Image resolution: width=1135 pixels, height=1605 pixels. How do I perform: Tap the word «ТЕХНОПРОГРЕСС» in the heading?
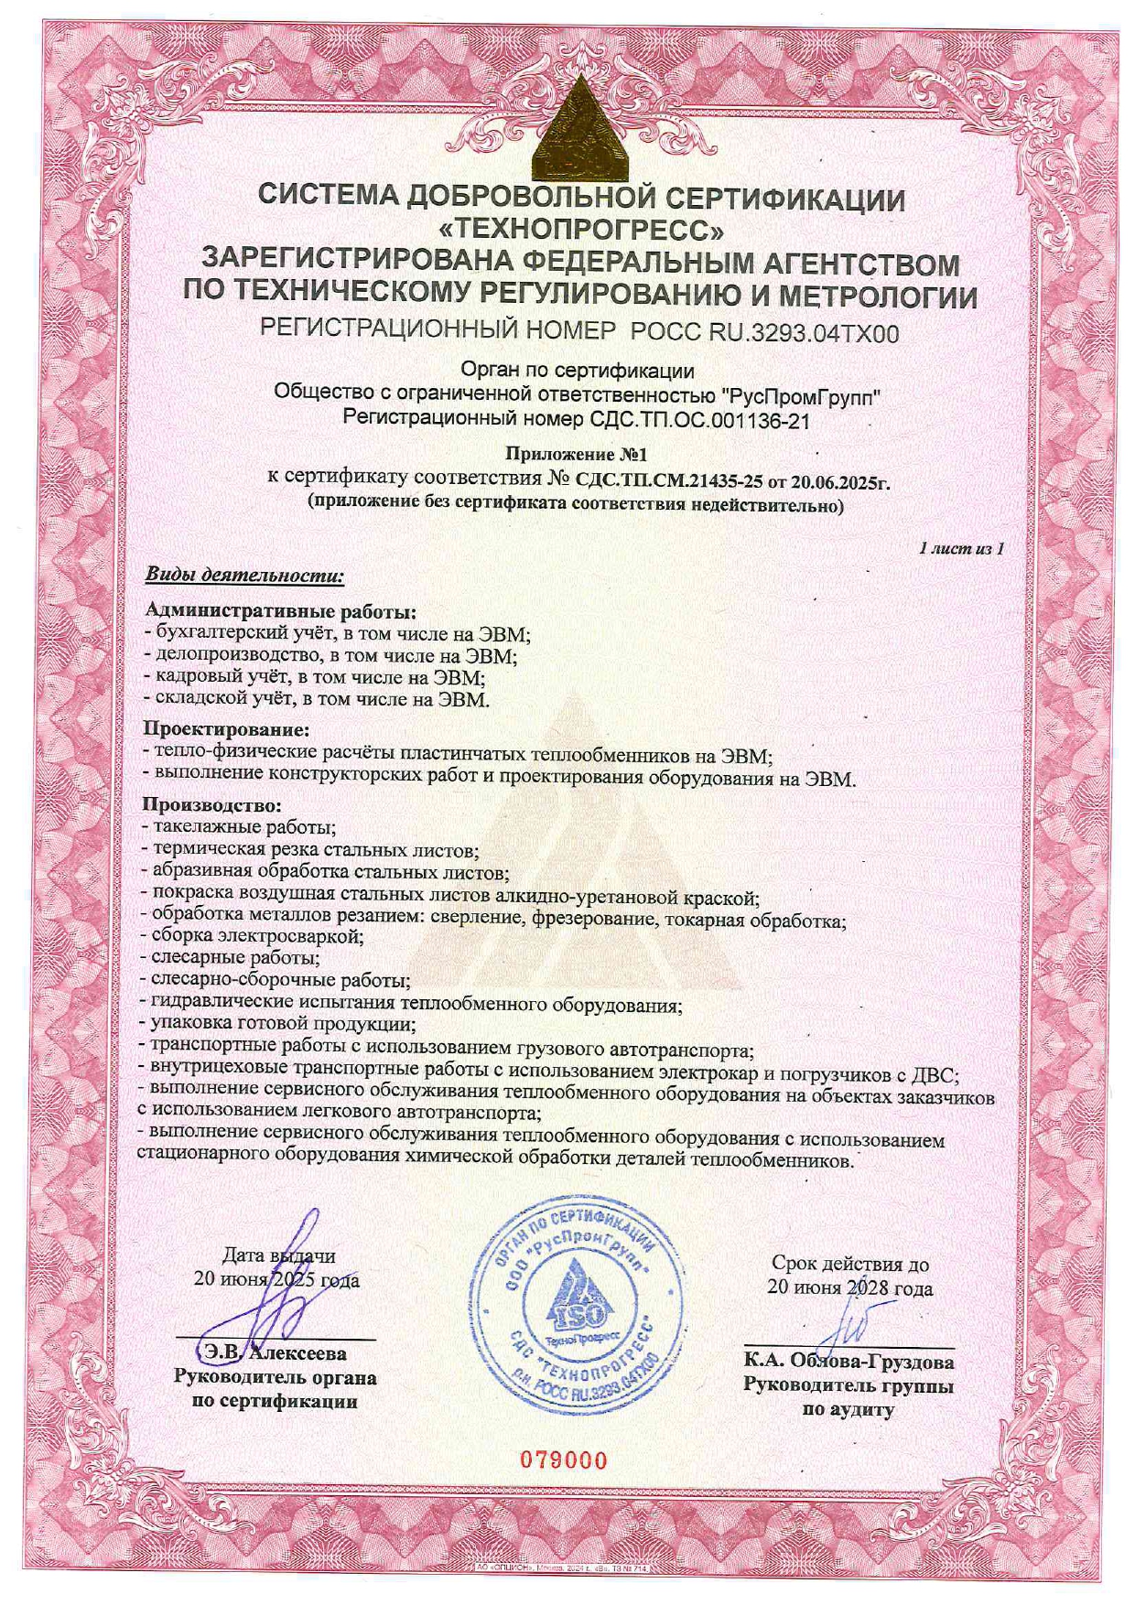(x=580, y=228)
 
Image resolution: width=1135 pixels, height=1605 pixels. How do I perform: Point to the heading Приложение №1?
(x=577, y=454)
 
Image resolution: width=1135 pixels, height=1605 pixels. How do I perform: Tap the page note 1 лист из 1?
(x=962, y=549)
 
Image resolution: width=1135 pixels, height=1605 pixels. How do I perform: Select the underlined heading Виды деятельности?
(x=244, y=576)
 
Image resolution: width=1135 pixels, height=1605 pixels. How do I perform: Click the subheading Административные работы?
(x=280, y=610)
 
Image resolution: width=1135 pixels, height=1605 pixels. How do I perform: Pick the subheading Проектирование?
(x=227, y=730)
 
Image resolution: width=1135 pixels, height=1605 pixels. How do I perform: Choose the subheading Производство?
(x=213, y=806)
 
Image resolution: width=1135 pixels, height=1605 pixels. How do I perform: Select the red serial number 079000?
(x=564, y=1460)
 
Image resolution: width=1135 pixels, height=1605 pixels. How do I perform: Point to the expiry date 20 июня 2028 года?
(x=849, y=1288)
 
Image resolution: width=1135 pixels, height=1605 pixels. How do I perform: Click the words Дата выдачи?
(x=278, y=1256)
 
